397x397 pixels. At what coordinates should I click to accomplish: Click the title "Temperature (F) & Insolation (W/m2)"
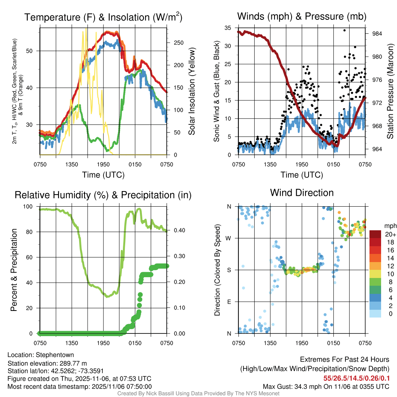103,17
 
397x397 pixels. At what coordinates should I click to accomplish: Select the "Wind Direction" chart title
302,193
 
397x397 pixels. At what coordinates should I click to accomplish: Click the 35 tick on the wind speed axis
228,28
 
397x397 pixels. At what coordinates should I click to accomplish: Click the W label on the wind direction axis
229,238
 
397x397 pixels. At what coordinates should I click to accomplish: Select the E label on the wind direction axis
229,302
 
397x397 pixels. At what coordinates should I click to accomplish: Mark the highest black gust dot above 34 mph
344,30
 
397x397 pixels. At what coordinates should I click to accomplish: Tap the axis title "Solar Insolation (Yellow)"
192,91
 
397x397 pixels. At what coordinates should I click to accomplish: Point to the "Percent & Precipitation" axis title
14,269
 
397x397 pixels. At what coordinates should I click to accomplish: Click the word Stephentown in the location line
55,355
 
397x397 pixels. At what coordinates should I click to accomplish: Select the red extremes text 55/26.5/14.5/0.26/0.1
356,378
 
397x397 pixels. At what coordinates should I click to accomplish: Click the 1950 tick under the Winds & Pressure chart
302,164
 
